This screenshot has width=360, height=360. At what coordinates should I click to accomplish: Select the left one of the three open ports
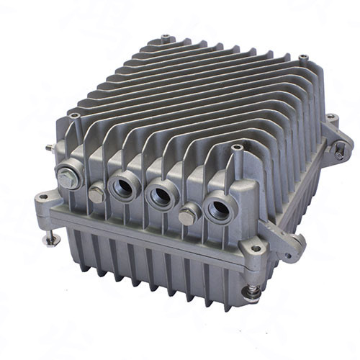120,189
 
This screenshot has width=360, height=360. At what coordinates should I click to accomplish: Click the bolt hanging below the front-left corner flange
50,238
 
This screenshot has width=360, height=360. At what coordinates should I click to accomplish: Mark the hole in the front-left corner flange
43,197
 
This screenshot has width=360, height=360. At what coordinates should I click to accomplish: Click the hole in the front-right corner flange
255,249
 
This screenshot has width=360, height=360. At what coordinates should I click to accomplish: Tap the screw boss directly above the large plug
74,115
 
